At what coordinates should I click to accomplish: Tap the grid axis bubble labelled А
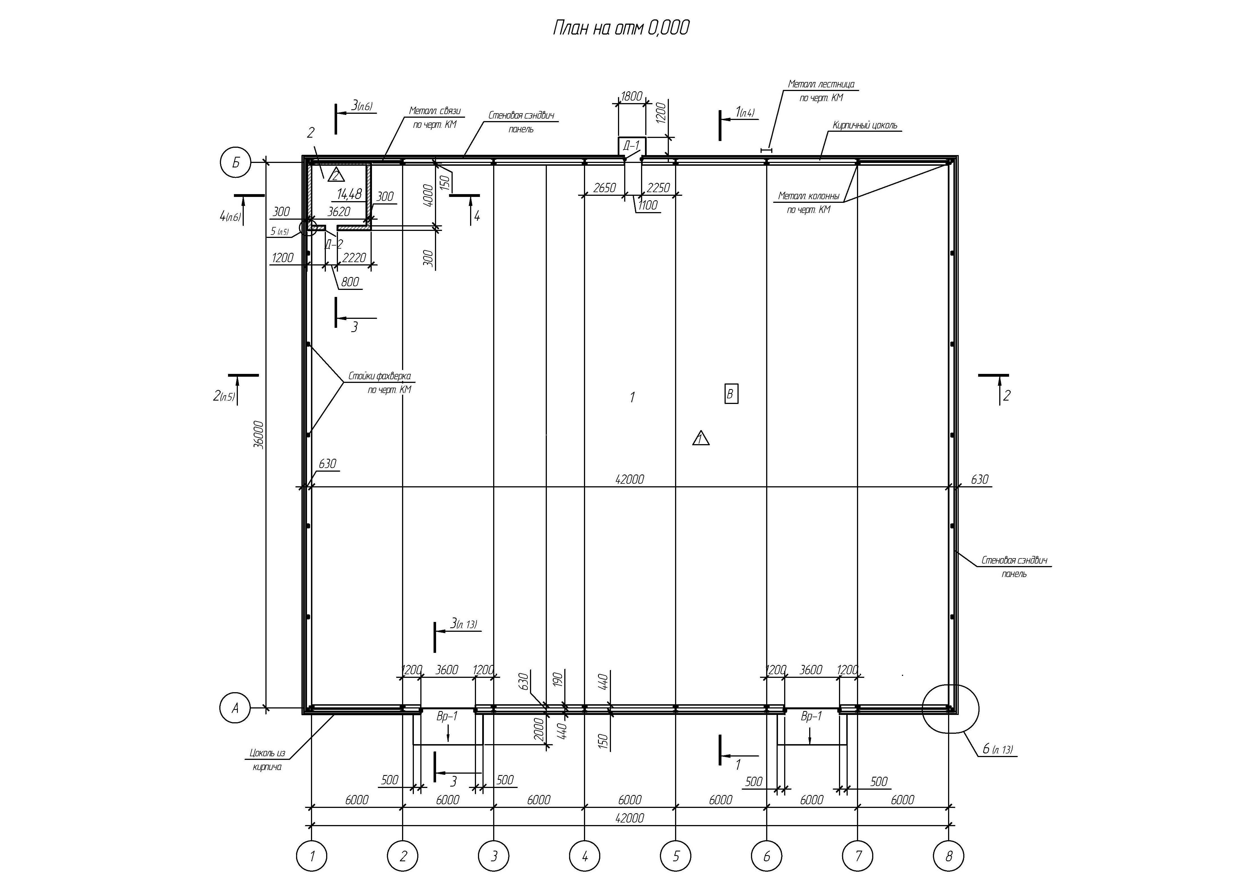click(235, 708)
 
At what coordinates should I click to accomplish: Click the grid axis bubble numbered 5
click(676, 856)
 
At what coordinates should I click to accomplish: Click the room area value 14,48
click(349, 194)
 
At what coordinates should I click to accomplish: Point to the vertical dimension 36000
click(259, 435)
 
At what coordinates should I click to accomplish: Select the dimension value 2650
click(604, 188)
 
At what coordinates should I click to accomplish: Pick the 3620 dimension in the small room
click(339, 212)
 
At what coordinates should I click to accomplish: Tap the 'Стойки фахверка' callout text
click(380, 376)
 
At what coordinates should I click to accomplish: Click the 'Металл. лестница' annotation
click(821, 84)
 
